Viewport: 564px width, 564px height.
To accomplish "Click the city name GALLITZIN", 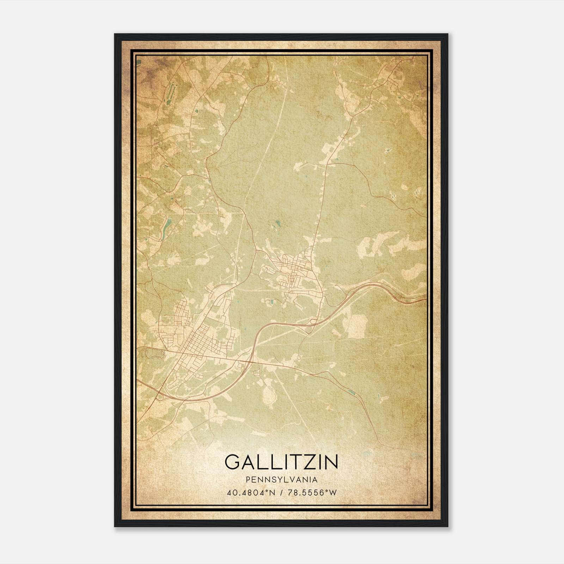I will click(x=281, y=462).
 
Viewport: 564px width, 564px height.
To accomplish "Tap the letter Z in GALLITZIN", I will click(x=308, y=462).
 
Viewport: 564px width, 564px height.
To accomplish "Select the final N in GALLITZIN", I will click(x=331, y=462).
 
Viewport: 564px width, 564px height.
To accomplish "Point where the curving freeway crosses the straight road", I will click(x=251, y=360).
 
